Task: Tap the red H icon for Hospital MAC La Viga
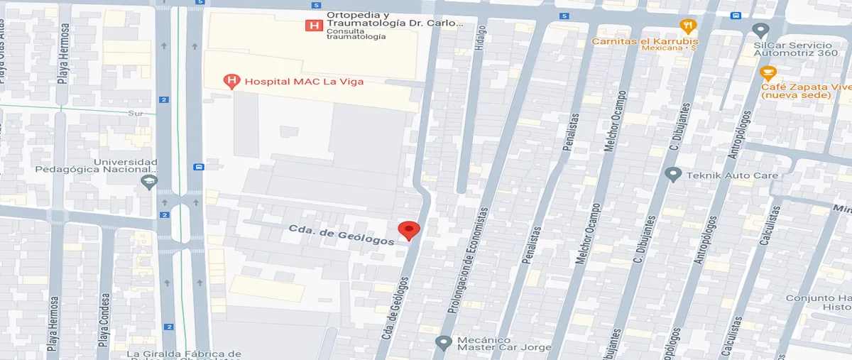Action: tap(231, 82)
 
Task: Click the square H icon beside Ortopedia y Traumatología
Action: tap(312, 26)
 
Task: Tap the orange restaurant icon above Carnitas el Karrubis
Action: tap(687, 27)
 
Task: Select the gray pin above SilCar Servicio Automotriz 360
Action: tap(761, 31)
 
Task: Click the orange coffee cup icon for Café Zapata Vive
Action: tap(768, 72)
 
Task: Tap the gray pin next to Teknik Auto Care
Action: tap(673, 174)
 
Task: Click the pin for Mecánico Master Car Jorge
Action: tap(444, 342)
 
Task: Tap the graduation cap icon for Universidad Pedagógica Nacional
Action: tap(148, 182)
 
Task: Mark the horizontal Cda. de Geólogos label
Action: tap(342, 235)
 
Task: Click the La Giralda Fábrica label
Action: tap(184, 354)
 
